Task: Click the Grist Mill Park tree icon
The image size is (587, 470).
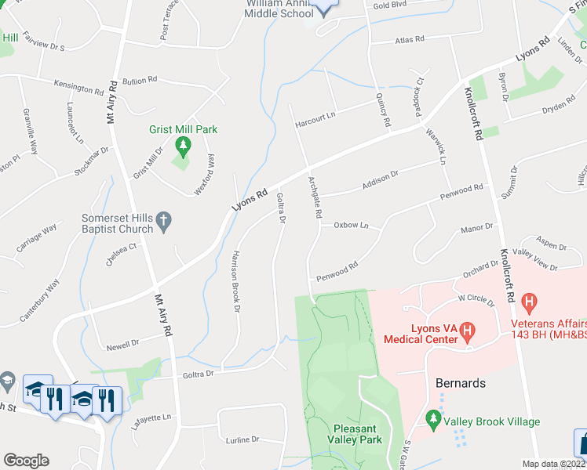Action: click(183, 145)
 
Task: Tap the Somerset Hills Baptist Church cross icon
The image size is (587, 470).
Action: click(164, 222)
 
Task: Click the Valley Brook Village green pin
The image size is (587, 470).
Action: click(432, 421)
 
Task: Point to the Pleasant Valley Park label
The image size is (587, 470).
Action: click(357, 434)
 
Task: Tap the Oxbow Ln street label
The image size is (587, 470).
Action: click(351, 225)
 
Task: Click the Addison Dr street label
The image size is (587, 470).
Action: click(381, 182)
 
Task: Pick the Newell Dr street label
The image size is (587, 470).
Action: click(122, 342)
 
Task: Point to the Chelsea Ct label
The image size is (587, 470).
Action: click(122, 249)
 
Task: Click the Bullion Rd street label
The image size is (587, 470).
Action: click(140, 80)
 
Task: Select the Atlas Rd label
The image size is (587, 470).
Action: click(409, 38)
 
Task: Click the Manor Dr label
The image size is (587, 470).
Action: click(476, 228)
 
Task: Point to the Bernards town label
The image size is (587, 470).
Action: click(460, 384)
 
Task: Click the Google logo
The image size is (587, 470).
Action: click(26, 461)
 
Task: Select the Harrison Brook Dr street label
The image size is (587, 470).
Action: click(235, 280)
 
